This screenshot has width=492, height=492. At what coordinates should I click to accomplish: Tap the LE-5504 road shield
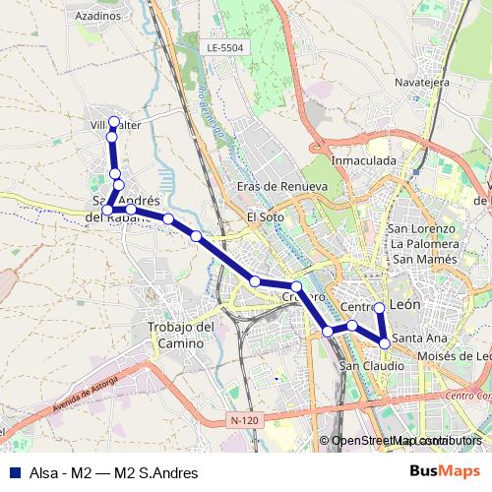[225, 47]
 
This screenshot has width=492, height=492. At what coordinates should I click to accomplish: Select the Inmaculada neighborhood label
[364, 159]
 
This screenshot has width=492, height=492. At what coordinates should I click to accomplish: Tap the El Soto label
[265, 217]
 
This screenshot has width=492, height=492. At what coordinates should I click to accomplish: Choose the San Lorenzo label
[421, 228]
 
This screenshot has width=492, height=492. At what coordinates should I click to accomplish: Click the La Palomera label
[425, 243]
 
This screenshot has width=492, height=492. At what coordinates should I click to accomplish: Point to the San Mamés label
[422, 258]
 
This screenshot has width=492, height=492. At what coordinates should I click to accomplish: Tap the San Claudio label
[371, 366]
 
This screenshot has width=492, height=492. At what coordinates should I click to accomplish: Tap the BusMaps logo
[446, 472]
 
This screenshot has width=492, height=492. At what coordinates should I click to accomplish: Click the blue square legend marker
[11, 472]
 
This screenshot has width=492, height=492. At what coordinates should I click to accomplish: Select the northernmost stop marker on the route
[114, 123]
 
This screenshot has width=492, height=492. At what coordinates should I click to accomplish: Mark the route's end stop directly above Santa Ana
[380, 309]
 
